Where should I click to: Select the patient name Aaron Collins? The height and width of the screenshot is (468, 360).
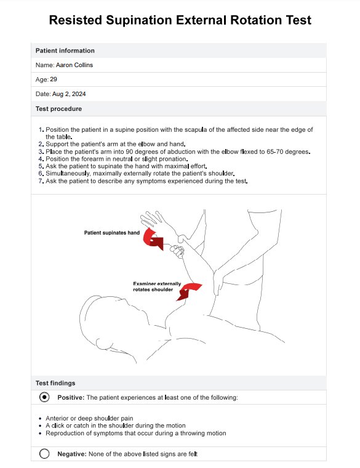[74, 65]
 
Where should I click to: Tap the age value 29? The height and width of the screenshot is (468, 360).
[54, 79]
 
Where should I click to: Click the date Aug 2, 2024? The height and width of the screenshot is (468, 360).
[69, 94]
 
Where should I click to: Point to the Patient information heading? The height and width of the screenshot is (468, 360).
[65, 50]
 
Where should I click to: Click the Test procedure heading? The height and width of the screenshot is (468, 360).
[58, 109]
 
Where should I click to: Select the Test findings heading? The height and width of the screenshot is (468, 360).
[55, 383]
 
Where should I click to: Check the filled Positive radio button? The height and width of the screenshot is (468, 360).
[44, 397]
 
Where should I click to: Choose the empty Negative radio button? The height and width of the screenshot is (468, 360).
[44, 454]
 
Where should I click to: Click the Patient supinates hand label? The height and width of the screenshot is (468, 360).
[112, 233]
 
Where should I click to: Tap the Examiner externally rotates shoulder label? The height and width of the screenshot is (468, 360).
[157, 286]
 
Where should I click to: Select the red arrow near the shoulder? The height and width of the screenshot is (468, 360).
[189, 291]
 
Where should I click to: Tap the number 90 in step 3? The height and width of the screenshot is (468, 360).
[129, 151]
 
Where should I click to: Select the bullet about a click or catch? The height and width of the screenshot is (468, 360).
[116, 426]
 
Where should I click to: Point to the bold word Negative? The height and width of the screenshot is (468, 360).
[72, 454]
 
